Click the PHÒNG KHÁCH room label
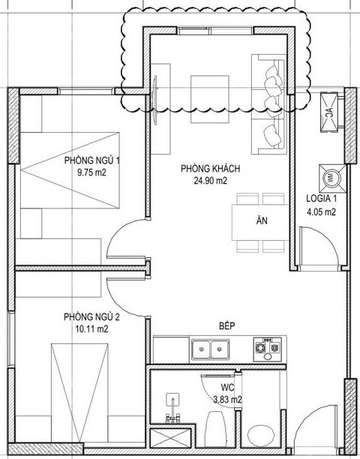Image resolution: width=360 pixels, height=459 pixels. point(210,169)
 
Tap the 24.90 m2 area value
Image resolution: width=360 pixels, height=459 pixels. point(210,181)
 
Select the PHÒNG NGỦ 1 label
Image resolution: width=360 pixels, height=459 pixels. point(92,160)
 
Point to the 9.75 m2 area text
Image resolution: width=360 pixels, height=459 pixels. point(91,172)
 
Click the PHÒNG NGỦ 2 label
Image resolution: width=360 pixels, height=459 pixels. point(91,316)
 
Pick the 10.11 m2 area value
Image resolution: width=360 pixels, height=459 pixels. point(91,329)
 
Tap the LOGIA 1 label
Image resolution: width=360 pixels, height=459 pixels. point(321,198)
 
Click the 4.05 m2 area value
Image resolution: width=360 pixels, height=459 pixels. point(321,211)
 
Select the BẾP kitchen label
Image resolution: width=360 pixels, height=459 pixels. point(227,325)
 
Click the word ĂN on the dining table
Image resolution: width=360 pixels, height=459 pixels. point(262,220)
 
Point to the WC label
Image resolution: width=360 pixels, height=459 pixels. point(227,388)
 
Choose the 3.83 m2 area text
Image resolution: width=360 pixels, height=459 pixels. point(227,399)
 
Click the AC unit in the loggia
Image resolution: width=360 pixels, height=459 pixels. point(329,112)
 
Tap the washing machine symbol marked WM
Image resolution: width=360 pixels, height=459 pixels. point(332,178)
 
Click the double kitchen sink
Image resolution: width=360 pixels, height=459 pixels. point(211,349)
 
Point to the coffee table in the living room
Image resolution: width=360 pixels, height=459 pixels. point(209,99)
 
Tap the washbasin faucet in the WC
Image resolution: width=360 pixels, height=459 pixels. point(173,409)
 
